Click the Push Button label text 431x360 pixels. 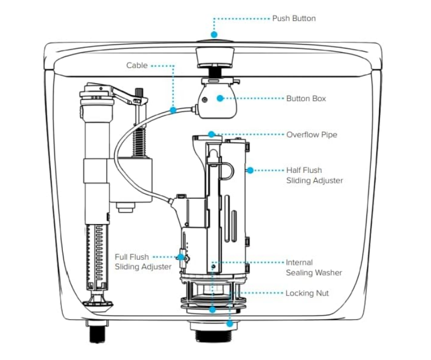(294, 19)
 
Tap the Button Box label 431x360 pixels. (306, 98)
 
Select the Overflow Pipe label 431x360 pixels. (312, 135)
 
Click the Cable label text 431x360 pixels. (137, 66)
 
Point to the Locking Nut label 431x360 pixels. (307, 293)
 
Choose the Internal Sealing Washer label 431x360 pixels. (314, 267)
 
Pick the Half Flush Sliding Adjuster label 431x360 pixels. (314, 176)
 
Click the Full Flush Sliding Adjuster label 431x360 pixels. (143, 262)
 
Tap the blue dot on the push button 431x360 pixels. (214, 34)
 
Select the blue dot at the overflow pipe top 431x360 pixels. (212, 134)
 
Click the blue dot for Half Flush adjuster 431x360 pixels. (250, 170)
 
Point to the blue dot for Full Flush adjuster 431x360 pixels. (181, 257)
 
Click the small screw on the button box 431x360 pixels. (205, 100)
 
